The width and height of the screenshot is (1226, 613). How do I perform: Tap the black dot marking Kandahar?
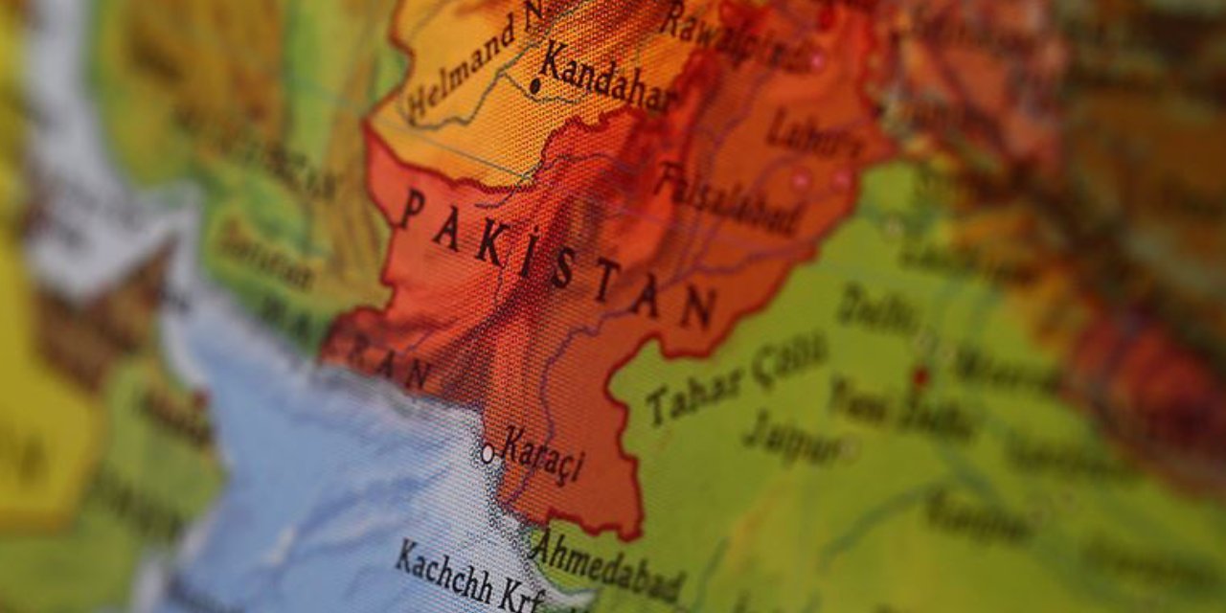[x=534, y=87]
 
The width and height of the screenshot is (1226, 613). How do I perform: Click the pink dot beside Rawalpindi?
[x=817, y=61]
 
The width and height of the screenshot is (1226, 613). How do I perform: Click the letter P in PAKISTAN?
[x=412, y=208]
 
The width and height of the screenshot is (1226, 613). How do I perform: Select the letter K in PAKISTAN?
[x=488, y=248]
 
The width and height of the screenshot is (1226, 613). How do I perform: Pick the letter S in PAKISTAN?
[x=564, y=271]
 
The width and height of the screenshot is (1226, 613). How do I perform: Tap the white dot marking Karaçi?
[x=488, y=453]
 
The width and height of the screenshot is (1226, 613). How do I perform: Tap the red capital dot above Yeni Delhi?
[x=920, y=376]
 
